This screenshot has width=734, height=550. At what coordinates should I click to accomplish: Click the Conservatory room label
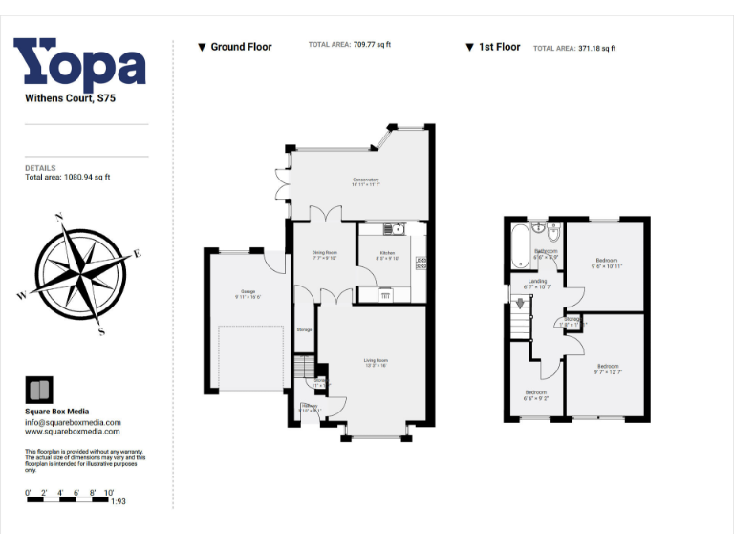[x=365, y=182]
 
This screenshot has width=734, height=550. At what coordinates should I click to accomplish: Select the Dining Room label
[x=325, y=255]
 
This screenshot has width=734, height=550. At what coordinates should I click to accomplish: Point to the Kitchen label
[x=385, y=255]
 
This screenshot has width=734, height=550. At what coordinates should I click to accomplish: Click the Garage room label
[x=248, y=294]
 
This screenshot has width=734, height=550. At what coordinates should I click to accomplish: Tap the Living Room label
[x=376, y=362]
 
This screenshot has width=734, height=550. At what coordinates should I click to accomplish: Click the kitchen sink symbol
[x=392, y=229]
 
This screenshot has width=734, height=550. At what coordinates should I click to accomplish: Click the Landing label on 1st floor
[x=538, y=284]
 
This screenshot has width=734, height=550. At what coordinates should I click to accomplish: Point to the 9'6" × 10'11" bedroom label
[x=606, y=264]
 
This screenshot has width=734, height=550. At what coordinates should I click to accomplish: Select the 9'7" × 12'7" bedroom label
[x=609, y=370]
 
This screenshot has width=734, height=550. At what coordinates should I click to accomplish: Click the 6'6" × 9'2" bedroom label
[x=535, y=395]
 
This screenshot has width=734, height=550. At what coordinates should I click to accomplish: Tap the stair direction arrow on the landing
[x=520, y=305]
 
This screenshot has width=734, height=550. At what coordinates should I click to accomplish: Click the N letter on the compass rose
[x=59, y=218]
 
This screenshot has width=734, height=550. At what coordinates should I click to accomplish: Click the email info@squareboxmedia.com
[x=73, y=422]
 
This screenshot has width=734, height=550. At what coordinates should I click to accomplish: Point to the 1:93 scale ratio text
[x=119, y=501]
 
